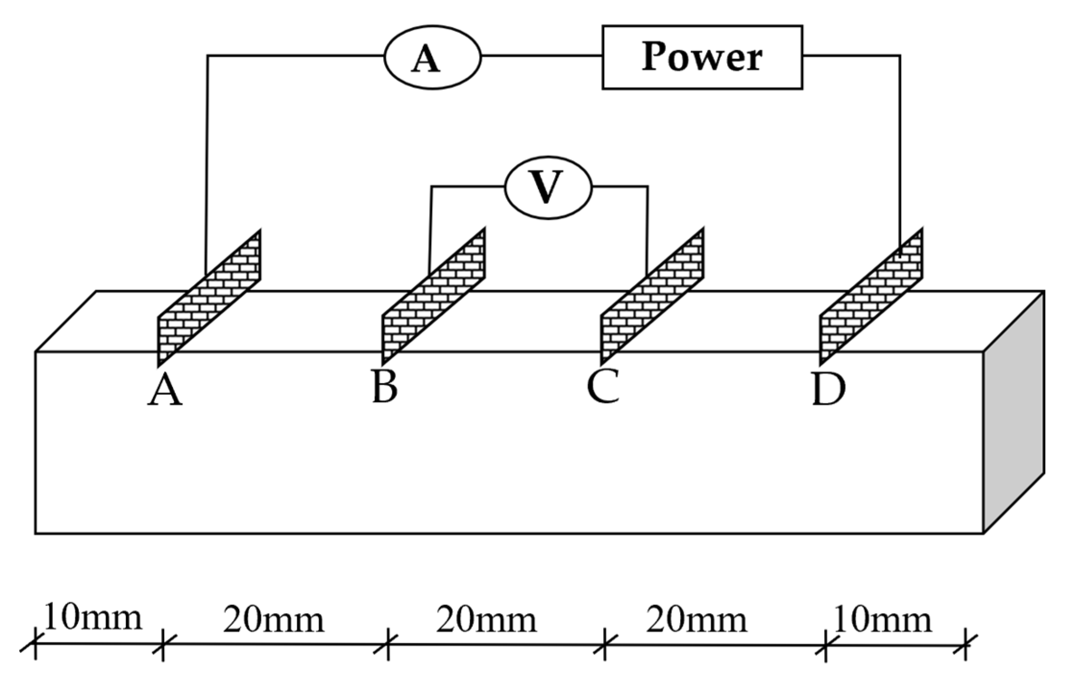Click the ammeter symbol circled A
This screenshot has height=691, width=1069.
click(432, 57)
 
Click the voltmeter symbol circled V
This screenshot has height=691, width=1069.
click(548, 187)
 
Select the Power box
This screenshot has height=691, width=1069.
click(702, 57)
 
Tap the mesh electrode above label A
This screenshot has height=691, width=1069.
click(209, 298)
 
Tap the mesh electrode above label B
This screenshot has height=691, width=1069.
click(434, 298)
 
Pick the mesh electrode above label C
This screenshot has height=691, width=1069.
click(653, 298)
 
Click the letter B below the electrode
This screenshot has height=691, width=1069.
click(385, 388)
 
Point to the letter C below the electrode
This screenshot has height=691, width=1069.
click(603, 388)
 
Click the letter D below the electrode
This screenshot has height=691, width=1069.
click(828, 390)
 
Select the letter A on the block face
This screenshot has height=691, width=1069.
click(165, 391)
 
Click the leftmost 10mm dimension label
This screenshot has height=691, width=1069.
click(93, 618)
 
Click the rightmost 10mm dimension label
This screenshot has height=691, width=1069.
click(883, 620)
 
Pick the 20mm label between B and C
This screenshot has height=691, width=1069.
click(486, 620)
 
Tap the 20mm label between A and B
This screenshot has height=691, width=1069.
click(274, 620)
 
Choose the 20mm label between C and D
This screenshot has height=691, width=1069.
click(696, 620)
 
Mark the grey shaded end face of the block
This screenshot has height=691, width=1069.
click(1013, 413)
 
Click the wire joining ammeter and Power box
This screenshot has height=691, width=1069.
click(542, 56)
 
